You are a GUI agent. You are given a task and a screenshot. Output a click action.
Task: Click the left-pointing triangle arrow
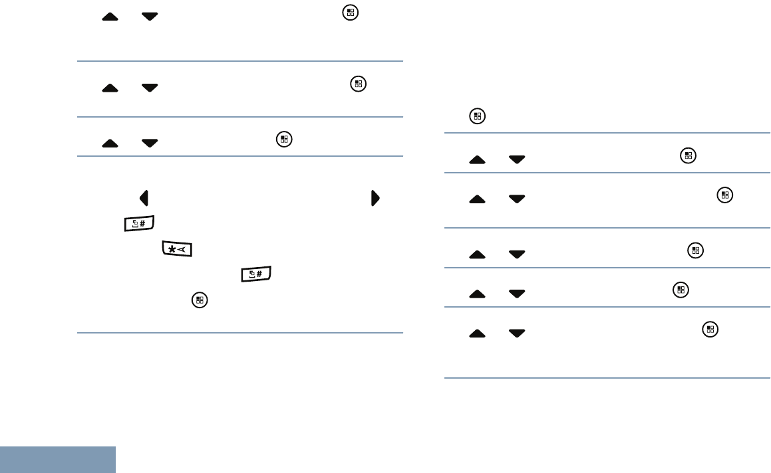click(x=144, y=198)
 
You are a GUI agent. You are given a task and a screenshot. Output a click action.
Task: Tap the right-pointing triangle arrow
click(x=375, y=198)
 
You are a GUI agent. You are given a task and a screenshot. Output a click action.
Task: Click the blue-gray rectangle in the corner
click(x=58, y=460)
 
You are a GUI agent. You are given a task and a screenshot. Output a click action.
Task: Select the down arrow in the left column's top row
click(x=150, y=16)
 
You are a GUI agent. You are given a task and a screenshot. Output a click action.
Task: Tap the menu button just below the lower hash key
click(x=198, y=300)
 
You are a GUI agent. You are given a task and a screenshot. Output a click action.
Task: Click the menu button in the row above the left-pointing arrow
click(x=284, y=140)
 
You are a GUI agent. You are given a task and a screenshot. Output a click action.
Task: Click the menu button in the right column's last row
click(x=710, y=328)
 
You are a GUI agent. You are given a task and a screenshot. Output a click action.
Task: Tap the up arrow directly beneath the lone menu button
click(x=477, y=160)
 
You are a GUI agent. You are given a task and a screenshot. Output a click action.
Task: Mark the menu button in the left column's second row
click(x=359, y=84)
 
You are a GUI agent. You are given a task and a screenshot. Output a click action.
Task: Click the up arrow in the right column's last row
click(x=477, y=333)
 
